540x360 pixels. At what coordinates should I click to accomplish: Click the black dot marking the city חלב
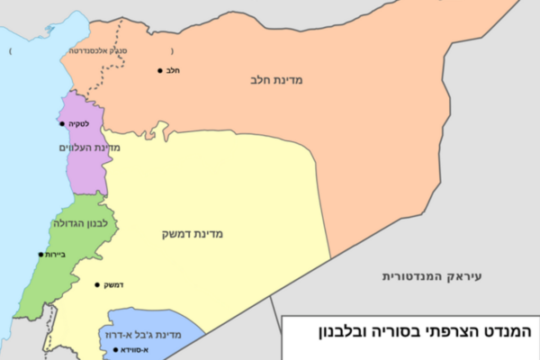161,70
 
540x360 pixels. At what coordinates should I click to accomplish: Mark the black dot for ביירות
40,254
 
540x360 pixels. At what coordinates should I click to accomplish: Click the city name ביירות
56,254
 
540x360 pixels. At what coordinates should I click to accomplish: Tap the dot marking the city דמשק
96,285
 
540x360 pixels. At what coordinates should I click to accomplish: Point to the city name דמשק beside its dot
112,285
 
